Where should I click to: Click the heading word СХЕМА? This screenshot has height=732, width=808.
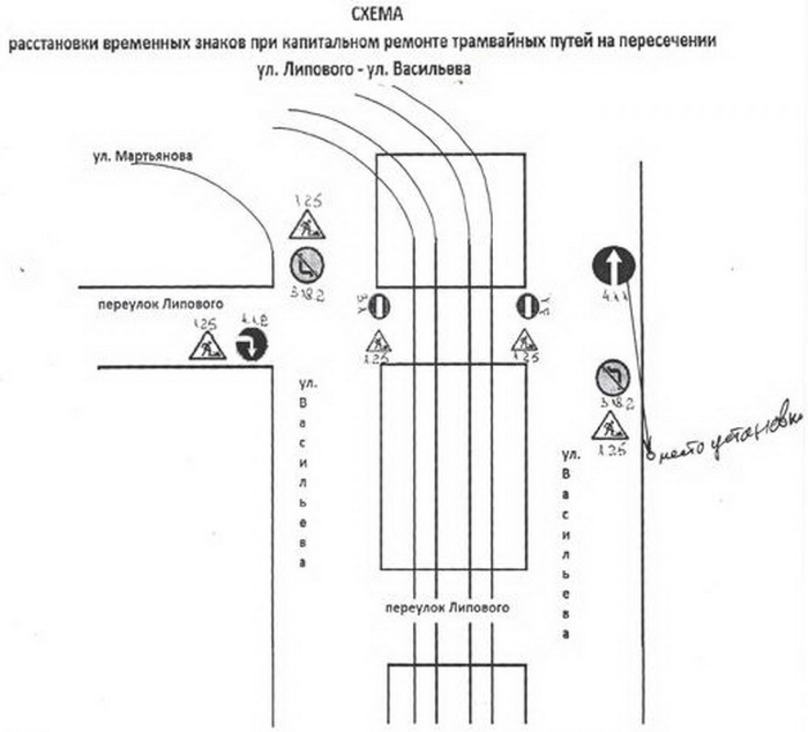377,14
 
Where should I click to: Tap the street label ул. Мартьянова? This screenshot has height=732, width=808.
143,156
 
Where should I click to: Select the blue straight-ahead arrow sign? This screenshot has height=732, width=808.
614,266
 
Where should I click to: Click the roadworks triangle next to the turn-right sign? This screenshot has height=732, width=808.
207,347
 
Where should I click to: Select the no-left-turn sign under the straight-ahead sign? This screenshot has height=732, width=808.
613,378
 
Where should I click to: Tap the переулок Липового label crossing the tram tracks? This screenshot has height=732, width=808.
448,608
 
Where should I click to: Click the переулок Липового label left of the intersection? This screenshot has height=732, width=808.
161,304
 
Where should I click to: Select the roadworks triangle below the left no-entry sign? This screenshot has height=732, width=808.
378,342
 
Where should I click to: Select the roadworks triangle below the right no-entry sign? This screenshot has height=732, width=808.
526,341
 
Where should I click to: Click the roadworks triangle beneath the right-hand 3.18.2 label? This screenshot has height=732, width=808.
609,426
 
